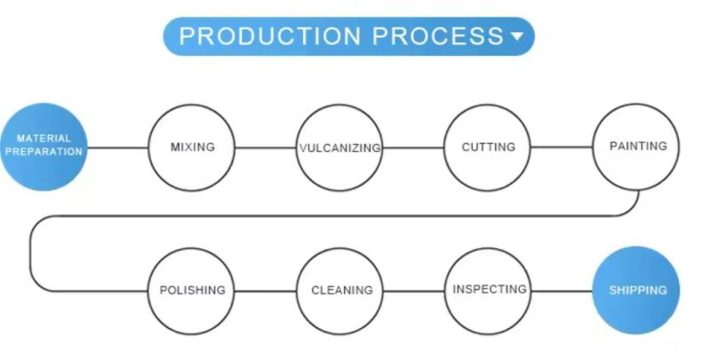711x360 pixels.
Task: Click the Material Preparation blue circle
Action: (x=44, y=147)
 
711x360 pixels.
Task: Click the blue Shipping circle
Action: (x=636, y=290)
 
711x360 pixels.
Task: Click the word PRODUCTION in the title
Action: (x=270, y=36)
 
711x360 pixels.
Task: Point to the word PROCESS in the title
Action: (x=438, y=36)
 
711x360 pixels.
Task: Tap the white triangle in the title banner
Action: (x=517, y=36)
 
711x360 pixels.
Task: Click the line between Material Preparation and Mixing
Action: (x=118, y=148)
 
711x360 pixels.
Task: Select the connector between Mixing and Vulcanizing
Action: (x=266, y=148)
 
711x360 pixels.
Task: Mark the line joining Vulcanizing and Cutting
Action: (x=413, y=148)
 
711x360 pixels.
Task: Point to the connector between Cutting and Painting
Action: (x=562, y=148)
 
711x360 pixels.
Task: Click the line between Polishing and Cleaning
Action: (x=266, y=291)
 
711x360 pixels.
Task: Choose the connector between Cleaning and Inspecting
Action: (x=414, y=291)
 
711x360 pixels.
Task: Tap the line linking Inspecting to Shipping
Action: (x=563, y=291)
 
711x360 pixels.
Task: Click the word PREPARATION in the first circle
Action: (x=44, y=152)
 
